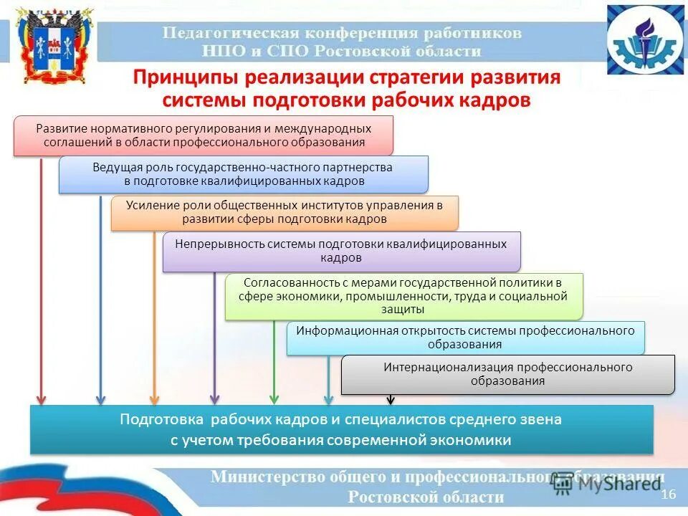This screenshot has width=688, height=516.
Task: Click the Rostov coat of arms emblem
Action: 54,47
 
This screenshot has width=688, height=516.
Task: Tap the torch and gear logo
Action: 646,40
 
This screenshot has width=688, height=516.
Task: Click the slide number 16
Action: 668,494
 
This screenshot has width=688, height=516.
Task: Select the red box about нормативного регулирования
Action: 204,135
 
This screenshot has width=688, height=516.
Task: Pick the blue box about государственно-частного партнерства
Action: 243,174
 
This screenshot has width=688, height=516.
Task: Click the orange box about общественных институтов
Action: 284,212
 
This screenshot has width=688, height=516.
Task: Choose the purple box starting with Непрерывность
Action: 341,251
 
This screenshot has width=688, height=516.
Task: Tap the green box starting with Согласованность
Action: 404,295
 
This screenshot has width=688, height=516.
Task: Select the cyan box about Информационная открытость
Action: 465,338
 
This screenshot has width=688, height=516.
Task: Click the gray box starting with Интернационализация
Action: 507,374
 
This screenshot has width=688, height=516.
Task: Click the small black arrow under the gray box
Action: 391,400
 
